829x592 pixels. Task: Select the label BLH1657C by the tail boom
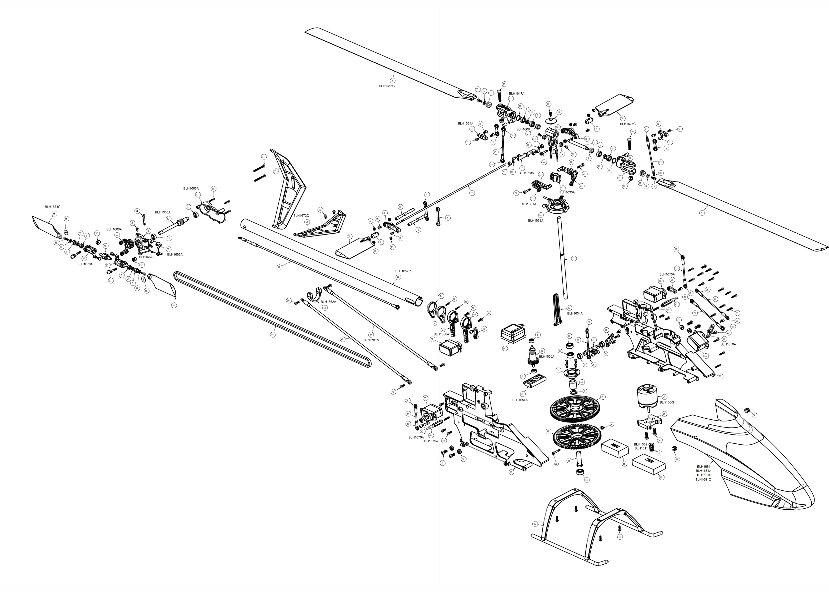point(403,271)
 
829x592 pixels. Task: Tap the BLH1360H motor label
point(667,403)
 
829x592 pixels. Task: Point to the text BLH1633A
point(536,220)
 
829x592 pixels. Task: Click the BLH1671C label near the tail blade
point(52,207)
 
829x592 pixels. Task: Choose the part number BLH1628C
point(628,124)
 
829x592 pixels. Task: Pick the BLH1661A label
point(371,340)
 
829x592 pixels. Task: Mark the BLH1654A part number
point(520,400)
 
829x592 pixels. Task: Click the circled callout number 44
point(272,335)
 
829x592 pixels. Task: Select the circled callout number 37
point(573,258)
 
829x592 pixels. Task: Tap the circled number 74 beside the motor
point(664,397)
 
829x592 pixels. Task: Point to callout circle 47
point(279,267)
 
